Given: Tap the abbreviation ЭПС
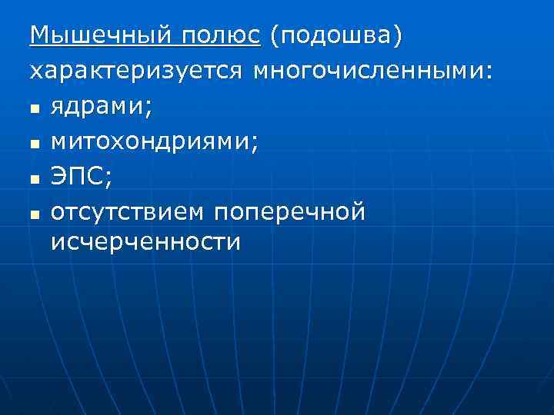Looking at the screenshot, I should (78, 177).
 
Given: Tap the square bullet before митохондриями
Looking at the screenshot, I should (35, 144).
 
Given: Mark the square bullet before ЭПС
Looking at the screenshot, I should (35, 179).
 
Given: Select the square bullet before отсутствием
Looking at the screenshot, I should (35, 214).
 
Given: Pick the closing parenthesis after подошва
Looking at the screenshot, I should (398, 36).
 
